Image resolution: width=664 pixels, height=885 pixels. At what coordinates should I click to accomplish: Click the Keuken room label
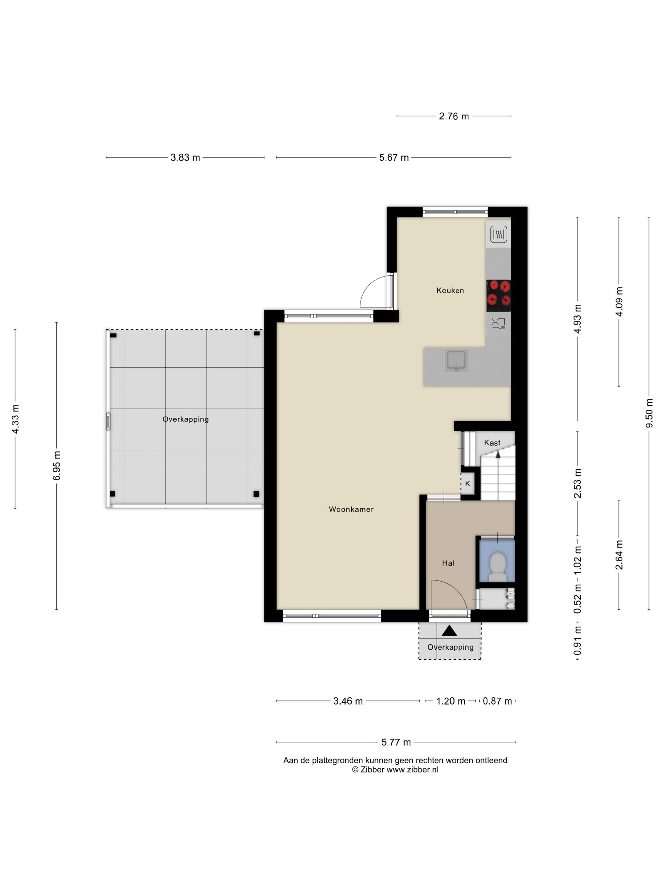tap(450, 290)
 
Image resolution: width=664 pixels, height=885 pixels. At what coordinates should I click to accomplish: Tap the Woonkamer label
tap(351, 509)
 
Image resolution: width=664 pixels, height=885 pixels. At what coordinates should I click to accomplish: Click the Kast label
tap(492, 442)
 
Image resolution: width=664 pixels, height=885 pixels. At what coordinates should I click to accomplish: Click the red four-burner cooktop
tap(498, 296)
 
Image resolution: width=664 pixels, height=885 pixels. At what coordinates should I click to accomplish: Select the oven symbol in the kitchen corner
tap(499, 234)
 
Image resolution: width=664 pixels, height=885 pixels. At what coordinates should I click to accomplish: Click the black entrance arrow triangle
tap(449, 631)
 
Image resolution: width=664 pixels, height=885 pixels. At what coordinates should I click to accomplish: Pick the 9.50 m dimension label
tap(649, 413)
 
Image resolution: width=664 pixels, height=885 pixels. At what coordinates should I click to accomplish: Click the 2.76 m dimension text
tap(453, 116)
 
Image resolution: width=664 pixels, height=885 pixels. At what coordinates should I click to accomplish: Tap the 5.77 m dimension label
tap(396, 742)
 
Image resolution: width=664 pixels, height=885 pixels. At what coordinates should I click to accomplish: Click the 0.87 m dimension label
tap(497, 701)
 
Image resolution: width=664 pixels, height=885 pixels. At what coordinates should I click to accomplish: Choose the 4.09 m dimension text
tap(619, 302)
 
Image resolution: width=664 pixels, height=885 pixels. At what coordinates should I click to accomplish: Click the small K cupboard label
tap(467, 484)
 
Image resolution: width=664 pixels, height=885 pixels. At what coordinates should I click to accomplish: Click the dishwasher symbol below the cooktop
tap(499, 323)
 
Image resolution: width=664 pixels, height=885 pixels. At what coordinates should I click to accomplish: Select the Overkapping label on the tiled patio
tap(185, 419)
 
